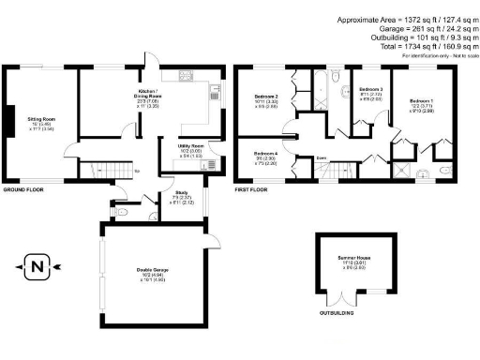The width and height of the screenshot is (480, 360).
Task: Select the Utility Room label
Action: click(191, 146)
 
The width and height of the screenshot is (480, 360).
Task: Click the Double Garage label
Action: click(152, 270)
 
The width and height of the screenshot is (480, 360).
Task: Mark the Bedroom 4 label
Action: click(267, 154)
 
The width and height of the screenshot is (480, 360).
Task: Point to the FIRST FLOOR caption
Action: click(252, 189)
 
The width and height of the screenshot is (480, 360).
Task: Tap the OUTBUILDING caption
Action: click(336, 325)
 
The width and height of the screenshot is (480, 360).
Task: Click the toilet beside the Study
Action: click(126, 213)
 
